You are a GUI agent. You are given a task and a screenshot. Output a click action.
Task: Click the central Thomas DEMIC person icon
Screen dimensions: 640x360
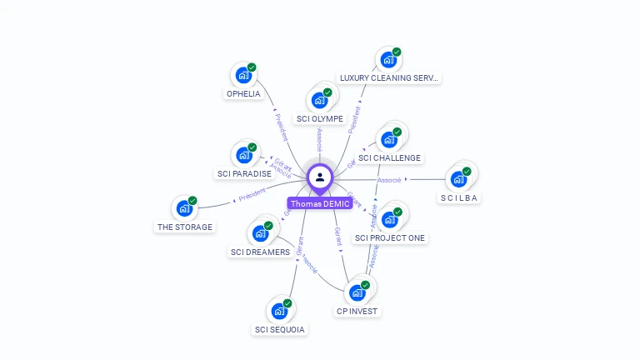pos(320,177)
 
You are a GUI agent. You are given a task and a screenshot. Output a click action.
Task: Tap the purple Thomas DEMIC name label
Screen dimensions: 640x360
pos(320,204)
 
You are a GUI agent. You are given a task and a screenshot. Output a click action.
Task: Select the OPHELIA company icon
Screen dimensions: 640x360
pos(243,75)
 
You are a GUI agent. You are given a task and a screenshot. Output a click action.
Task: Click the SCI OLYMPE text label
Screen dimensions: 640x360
pos(320,119)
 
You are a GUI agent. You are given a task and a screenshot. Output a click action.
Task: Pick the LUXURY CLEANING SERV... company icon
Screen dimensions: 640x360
pos(387,59)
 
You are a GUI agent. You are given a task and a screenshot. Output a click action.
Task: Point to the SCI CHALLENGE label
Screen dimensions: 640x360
pos(390,158)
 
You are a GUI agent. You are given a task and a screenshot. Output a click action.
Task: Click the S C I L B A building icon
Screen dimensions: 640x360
pos(458,178)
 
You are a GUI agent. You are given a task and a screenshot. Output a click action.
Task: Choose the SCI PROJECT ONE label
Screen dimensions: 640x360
pos(390,238)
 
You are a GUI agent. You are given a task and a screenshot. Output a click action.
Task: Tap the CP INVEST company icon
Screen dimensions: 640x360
pos(357,292)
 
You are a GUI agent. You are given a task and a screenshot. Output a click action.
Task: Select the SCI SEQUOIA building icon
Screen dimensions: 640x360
pos(279,311)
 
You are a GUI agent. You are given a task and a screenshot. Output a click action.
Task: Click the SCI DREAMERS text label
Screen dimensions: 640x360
pos(260,252)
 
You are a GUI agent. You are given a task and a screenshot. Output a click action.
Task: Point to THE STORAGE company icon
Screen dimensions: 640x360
pos(184,208)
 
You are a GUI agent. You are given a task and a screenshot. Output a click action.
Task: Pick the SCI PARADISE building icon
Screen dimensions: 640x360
pos(244,155)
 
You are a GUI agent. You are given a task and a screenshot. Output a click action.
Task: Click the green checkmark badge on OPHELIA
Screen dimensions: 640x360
pos(252,67)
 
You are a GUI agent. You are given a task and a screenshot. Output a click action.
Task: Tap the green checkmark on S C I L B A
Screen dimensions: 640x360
pos(467,171)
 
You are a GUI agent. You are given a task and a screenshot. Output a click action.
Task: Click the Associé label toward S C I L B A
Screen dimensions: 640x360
pos(390,180)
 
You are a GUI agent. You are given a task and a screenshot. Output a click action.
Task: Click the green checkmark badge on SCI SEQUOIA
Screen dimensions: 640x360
pos(287,303)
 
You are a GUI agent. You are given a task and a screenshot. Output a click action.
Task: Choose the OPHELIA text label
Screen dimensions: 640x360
pos(243,94)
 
